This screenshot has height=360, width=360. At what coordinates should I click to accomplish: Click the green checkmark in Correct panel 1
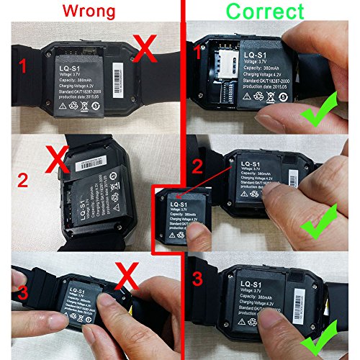pyautogui.click(x=320, y=109)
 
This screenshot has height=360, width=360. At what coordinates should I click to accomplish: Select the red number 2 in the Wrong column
pyautogui.click(x=23, y=179)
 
